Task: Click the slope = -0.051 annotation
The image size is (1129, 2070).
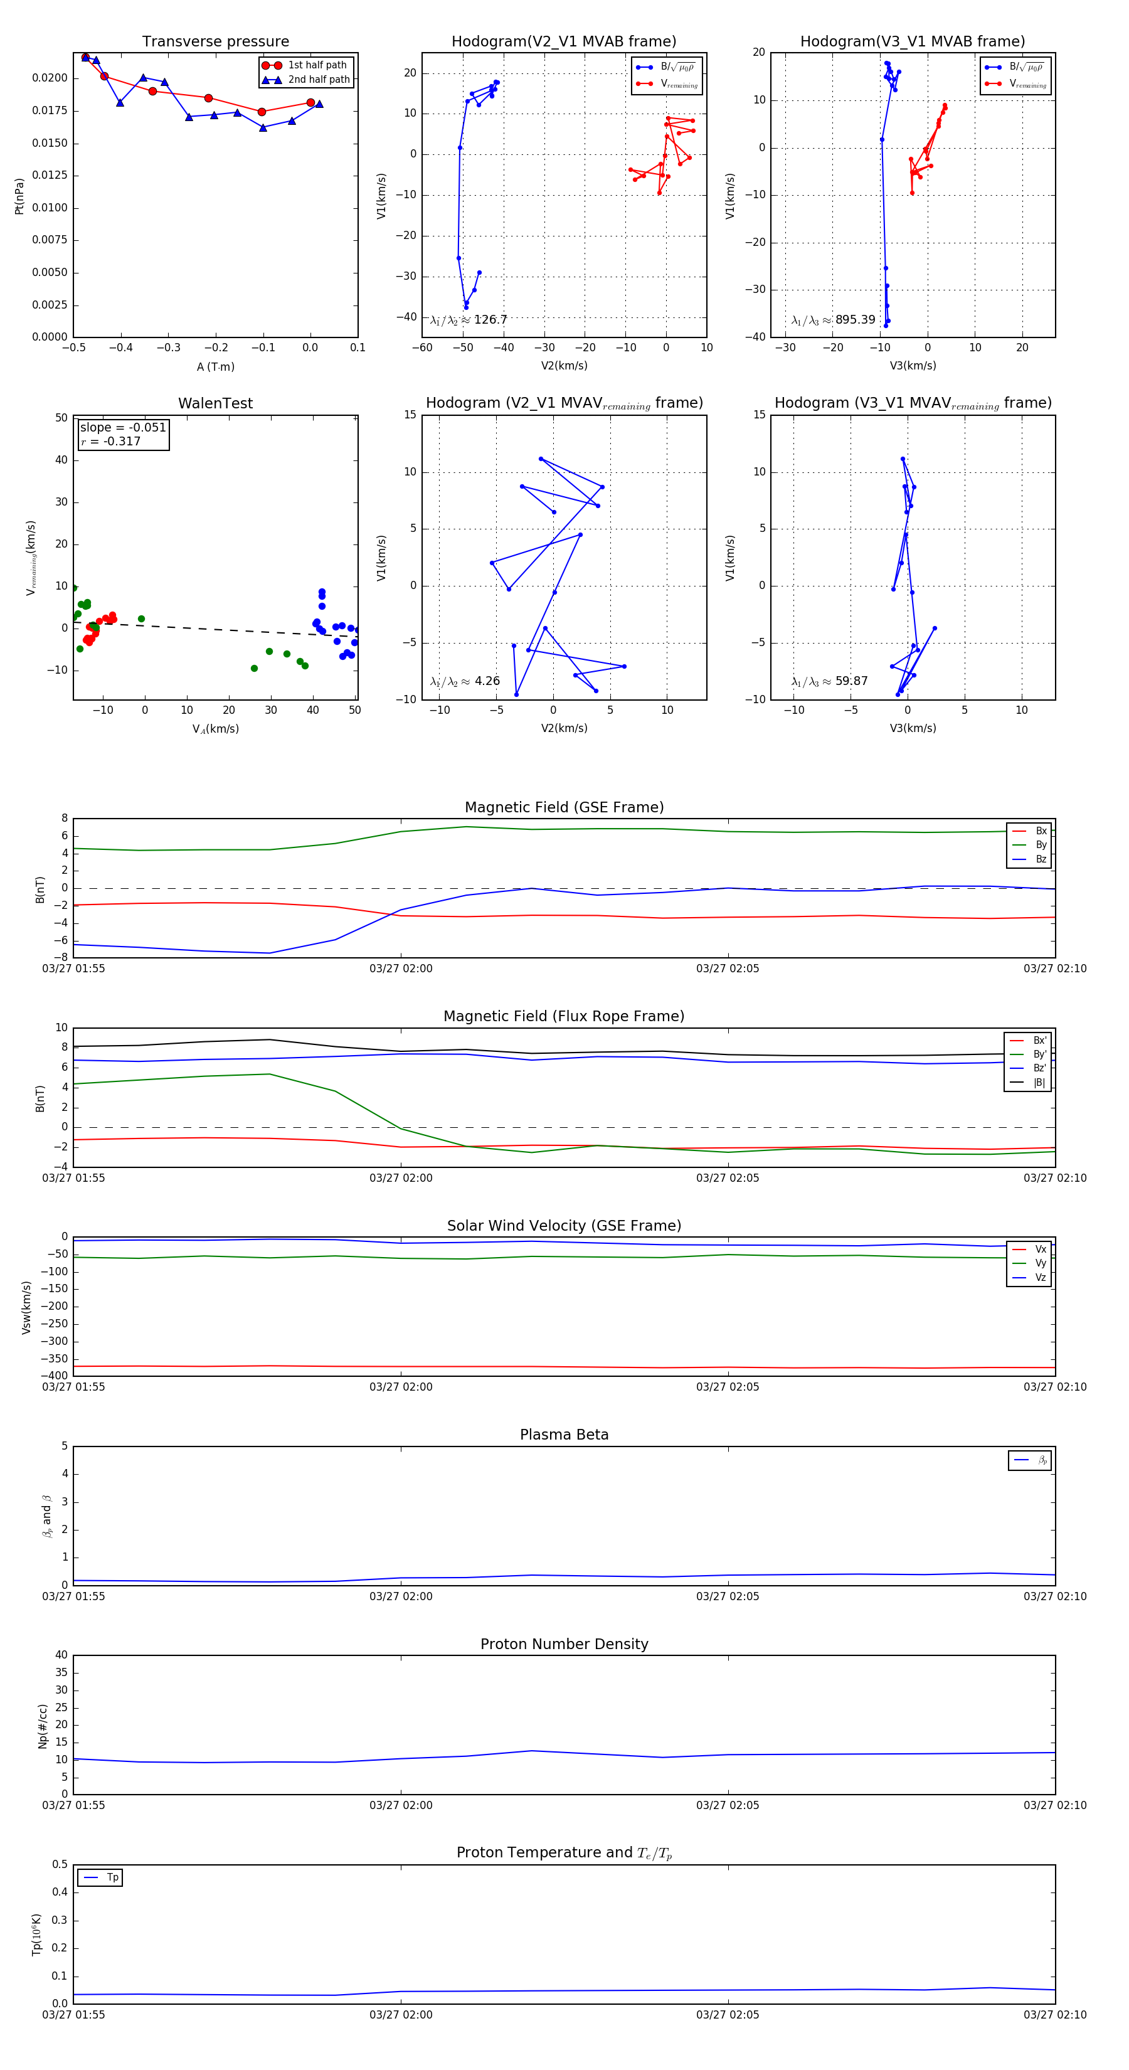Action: coord(122,428)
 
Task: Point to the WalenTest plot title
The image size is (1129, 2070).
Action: coord(215,403)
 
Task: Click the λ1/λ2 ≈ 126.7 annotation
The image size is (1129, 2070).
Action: coord(469,320)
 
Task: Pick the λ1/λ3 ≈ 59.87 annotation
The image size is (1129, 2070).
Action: coord(829,681)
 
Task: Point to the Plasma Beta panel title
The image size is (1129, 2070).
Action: coord(564,1435)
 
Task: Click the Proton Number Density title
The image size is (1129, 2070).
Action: coord(564,1644)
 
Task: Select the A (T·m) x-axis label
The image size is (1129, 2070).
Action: coord(215,367)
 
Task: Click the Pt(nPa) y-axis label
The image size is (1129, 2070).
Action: coord(19,196)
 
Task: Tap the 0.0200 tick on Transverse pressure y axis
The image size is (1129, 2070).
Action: coord(50,78)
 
